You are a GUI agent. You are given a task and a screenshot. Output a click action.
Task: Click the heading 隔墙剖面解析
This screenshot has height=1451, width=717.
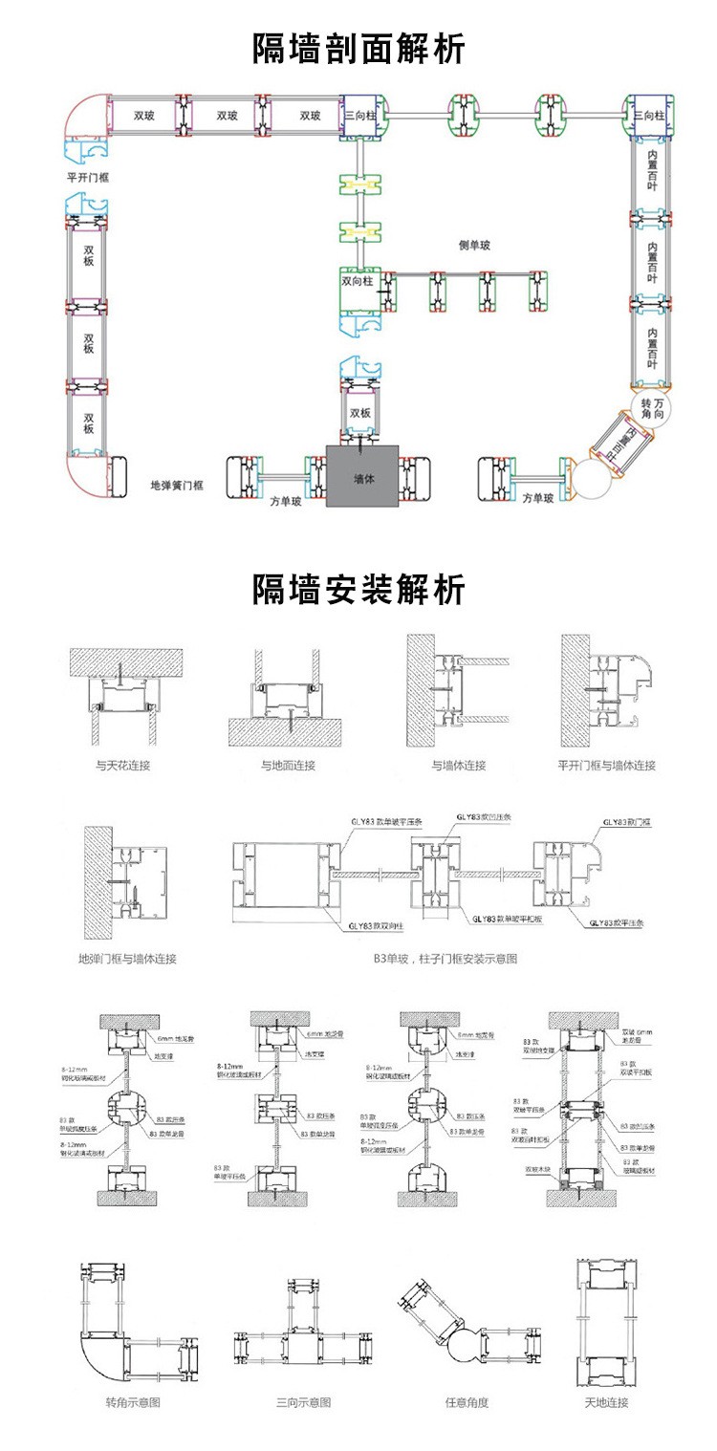(x=358, y=49)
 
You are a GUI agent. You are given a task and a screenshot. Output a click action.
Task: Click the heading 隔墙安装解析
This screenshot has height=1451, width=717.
(x=358, y=589)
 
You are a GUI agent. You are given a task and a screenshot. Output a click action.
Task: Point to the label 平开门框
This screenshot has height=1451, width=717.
(x=87, y=178)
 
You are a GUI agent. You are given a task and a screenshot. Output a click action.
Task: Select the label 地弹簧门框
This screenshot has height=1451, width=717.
(x=177, y=486)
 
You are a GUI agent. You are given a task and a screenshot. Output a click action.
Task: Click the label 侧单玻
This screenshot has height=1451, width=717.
(x=474, y=246)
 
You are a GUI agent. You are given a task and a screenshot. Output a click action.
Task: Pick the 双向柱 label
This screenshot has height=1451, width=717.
(x=358, y=282)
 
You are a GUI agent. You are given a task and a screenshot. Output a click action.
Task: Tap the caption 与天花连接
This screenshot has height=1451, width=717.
(x=123, y=766)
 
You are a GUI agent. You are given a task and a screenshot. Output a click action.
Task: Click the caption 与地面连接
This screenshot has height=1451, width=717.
(x=288, y=766)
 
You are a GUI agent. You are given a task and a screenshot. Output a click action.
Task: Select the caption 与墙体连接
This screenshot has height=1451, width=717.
(x=459, y=766)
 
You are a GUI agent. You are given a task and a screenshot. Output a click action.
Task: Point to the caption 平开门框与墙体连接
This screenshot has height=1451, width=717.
(x=607, y=766)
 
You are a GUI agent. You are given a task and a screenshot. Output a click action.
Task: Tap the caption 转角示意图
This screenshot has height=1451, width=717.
(x=133, y=1403)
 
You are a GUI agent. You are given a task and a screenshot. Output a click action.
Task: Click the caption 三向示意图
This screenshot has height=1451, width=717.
(x=304, y=1403)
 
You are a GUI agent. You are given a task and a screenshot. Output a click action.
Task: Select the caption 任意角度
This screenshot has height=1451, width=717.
(x=467, y=1403)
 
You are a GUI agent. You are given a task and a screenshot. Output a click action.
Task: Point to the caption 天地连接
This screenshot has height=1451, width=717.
(x=607, y=1403)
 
